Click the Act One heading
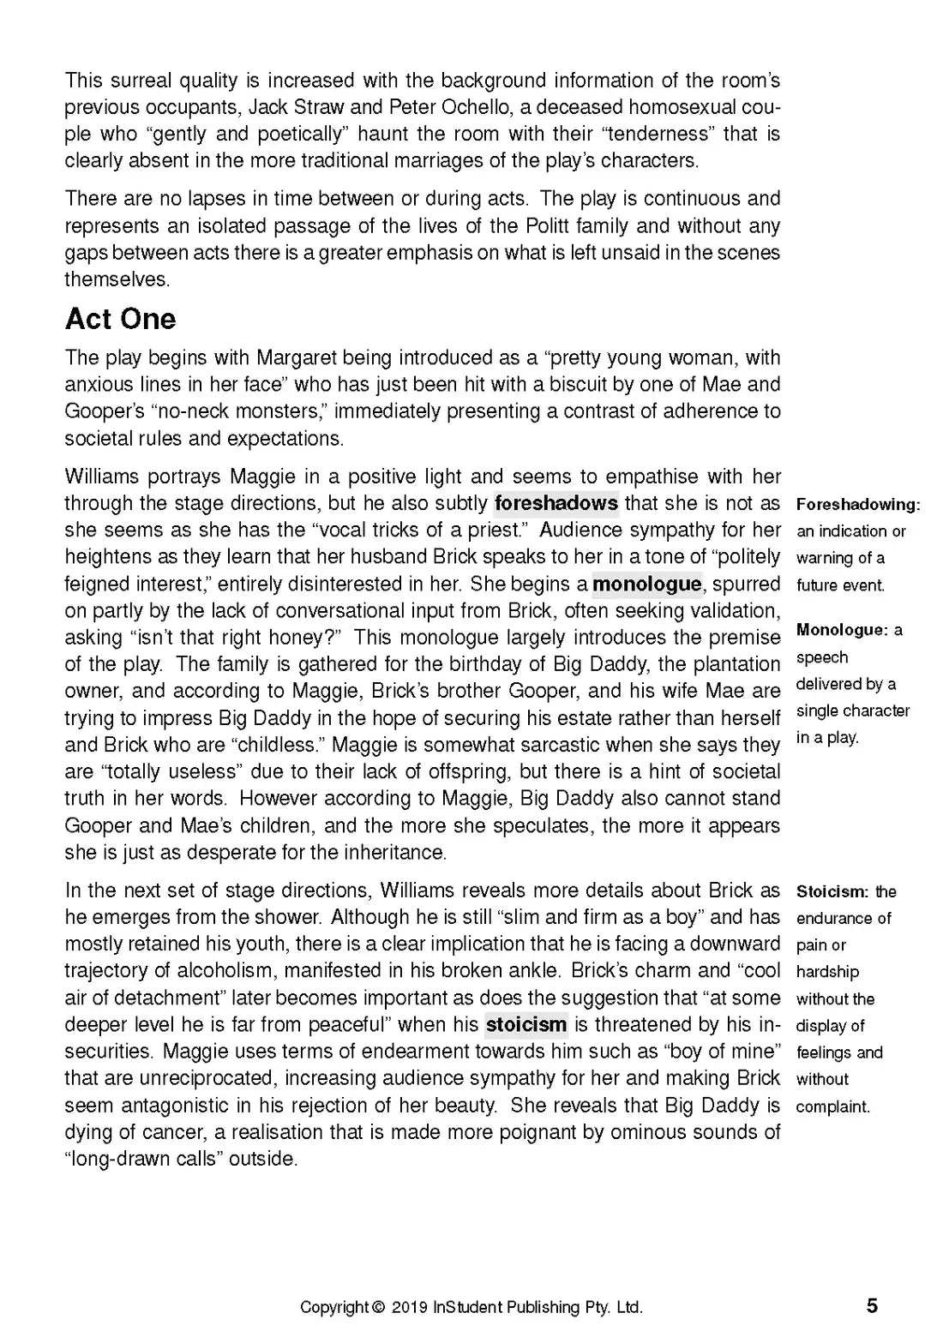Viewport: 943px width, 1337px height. pos(120,319)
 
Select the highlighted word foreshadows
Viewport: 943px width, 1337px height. pos(556,503)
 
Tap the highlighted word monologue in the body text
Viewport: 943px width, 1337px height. pos(646,584)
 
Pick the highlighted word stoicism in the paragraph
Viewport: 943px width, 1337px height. pos(526,1024)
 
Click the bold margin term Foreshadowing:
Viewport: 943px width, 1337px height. pos(858,504)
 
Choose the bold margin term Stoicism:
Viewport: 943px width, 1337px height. pos(832,891)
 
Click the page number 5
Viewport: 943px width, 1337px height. pos(872,1306)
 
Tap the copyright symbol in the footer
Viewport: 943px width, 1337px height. pos(378,1308)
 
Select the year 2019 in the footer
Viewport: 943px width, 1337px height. pos(410,1308)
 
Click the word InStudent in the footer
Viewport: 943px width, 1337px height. pos(468,1308)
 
